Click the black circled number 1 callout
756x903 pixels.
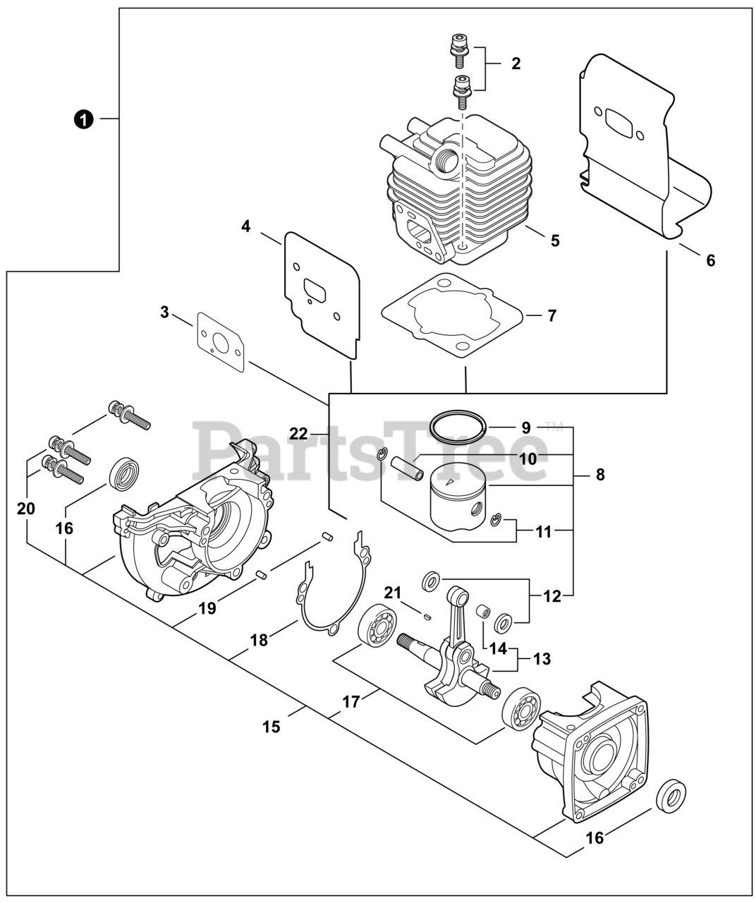click(x=83, y=119)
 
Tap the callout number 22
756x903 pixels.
click(x=298, y=433)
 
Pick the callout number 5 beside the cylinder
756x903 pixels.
click(x=556, y=241)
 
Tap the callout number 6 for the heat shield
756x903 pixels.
click(x=711, y=260)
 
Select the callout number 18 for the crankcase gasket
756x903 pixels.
click(x=260, y=640)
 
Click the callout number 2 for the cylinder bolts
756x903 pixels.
click(x=516, y=63)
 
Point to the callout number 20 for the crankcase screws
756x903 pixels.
click(x=26, y=509)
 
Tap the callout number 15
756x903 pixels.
click(x=272, y=727)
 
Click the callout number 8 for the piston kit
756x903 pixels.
click(x=600, y=475)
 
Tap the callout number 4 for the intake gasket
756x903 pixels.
click(x=245, y=226)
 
